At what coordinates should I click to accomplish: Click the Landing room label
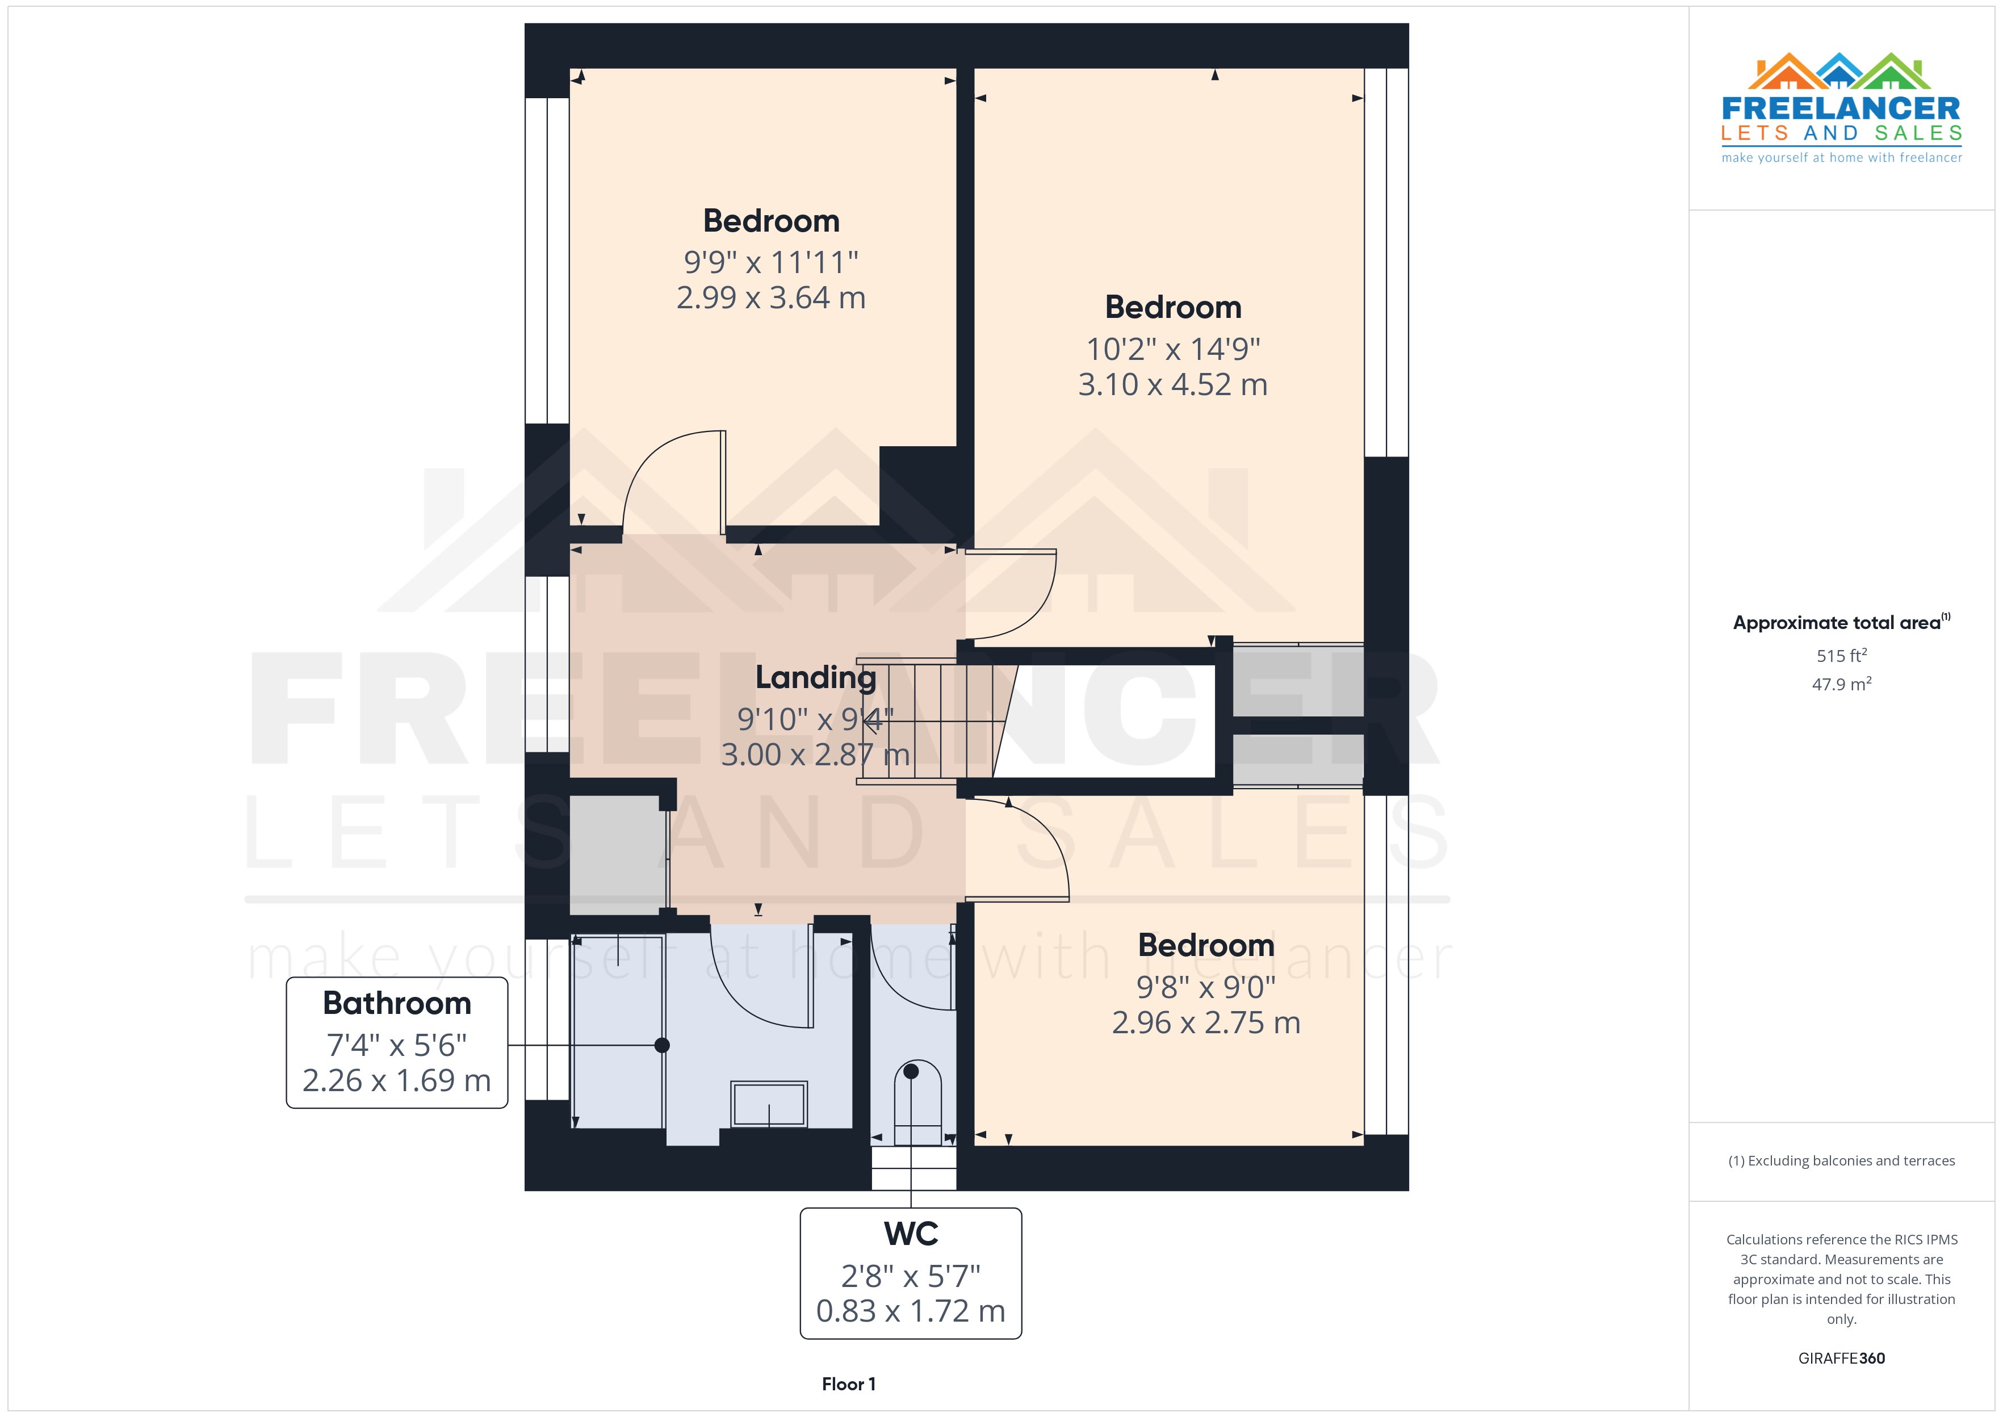point(815,677)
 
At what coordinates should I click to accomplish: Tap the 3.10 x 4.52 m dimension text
point(1172,385)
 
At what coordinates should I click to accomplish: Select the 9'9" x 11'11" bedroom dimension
point(770,262)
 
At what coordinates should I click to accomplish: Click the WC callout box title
point(911,1234)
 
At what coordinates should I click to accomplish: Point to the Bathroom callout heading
point(397,1003)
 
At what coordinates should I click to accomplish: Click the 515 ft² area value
point(1841,655)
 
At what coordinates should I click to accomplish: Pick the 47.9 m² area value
point(1841,684)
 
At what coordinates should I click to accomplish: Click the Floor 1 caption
point(848,1384)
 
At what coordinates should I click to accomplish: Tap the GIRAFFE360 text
point(1841,1359)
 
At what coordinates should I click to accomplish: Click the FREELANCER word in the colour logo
point(1841,109)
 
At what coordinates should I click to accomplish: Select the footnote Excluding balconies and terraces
point(1841,1160)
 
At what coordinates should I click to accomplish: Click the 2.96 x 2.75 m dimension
point(1206,1022)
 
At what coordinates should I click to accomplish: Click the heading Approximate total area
point(1837,623)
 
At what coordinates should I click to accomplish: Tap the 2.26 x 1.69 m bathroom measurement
point(397,1081)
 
